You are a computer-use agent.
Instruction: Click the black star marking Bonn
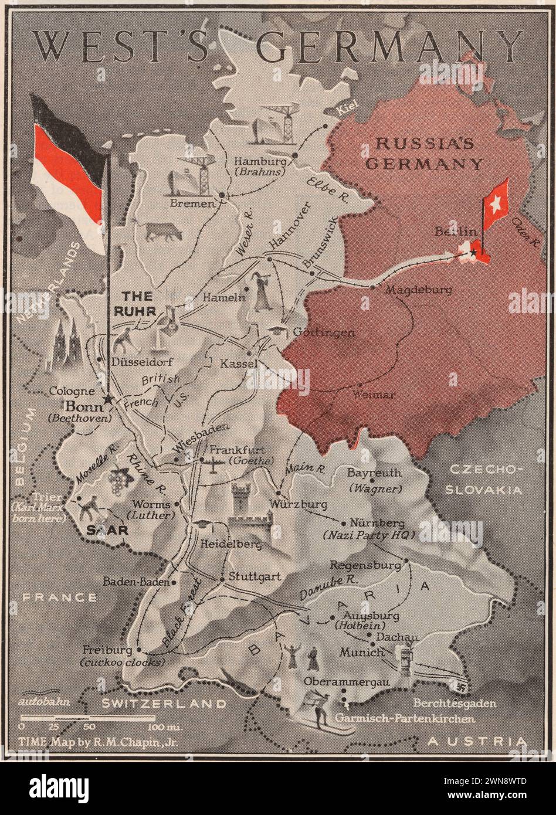pyautogui.click(x=108, y=399)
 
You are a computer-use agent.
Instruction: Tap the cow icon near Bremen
pyautogui.click(x=164, y=232)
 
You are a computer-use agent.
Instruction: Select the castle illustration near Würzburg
pyautogui.click(x=248, y=511)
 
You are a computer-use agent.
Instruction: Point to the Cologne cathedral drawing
pyautogui.click(x=66, y=346)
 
